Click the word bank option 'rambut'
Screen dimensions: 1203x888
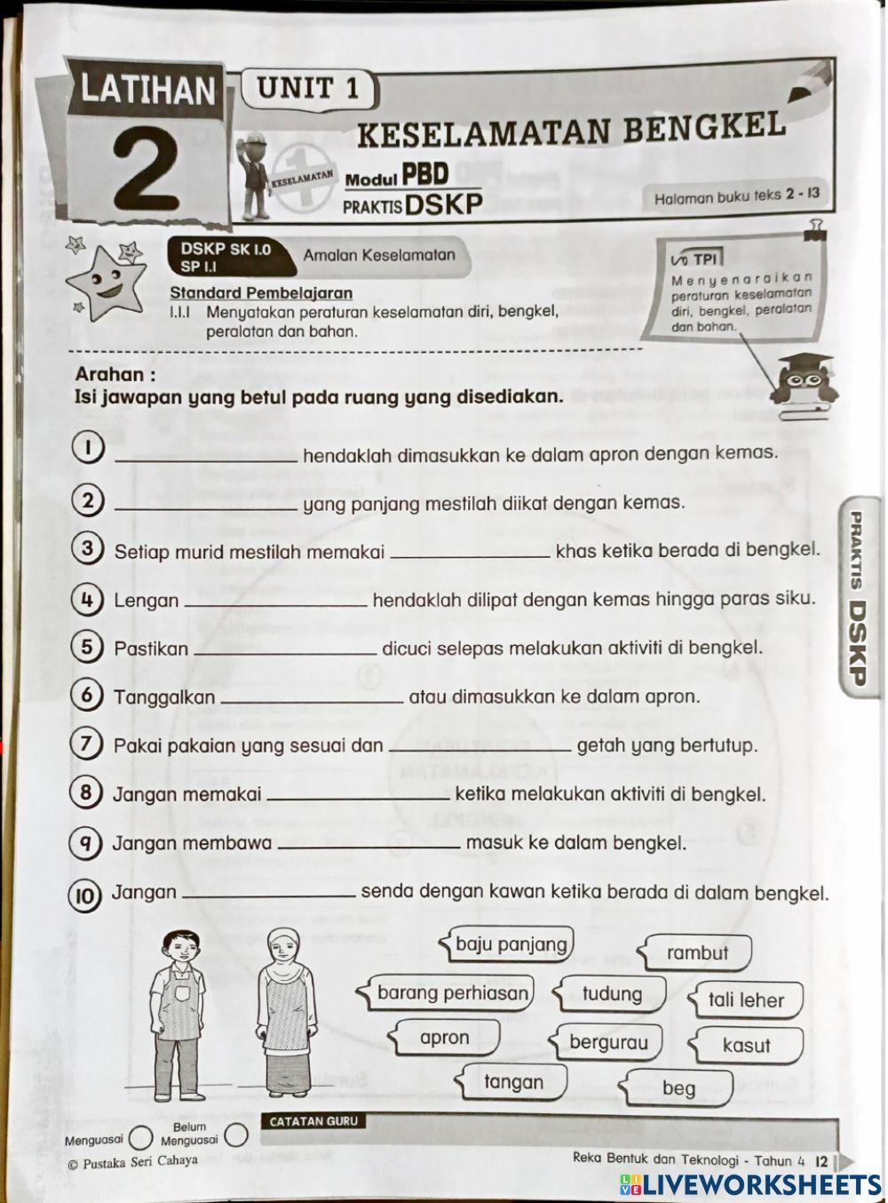(x=697, y=953)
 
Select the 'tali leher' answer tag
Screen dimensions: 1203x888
(x=746, y=1000)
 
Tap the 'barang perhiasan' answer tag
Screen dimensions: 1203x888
(x=452, y=993)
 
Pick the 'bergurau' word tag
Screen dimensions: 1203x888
(x=608, y=1042)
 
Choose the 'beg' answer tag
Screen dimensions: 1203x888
(x=678, y=1088)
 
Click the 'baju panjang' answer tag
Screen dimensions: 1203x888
(x=511, y=944)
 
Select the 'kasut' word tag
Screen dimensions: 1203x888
(x=746, y=1046)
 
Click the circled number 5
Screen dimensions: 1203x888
(x=86, y=647)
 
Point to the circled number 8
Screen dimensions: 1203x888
(x=85, y=792)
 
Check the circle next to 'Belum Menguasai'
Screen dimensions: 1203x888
(x=234, y=1135)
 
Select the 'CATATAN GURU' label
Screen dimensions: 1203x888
(x=313, y=1121)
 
